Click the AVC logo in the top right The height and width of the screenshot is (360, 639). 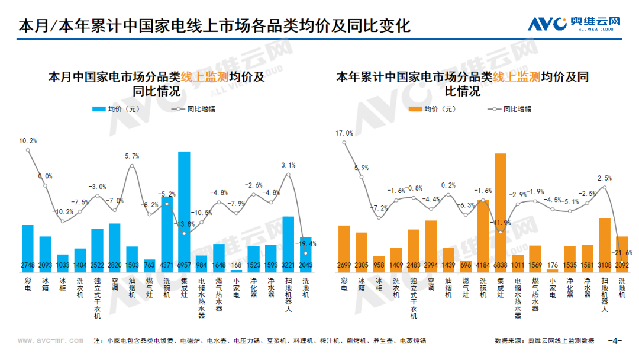click(575, 24)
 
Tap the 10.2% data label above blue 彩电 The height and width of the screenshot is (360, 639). click(28, 141)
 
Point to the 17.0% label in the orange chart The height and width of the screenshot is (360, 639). click(344, 134)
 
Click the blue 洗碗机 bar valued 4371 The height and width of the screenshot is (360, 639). click(167, 234)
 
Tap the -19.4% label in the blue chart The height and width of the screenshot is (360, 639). click(307, 243)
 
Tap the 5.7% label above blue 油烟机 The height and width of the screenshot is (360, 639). click(132, 156)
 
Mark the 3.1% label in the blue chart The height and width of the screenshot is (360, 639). click(289, 165)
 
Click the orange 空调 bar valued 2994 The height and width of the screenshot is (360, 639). click(431, 246)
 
